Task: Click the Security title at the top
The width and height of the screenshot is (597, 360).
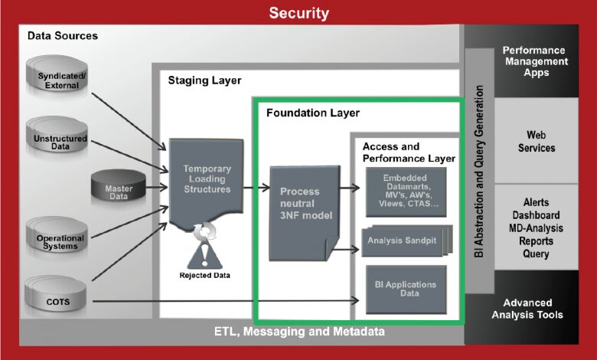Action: (x=298, y=13)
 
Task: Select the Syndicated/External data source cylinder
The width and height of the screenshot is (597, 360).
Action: (x=57, y=74)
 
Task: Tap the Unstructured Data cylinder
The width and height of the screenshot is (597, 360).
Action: (x=57, y=135)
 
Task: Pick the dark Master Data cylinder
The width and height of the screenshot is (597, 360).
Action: (x=119, y=186)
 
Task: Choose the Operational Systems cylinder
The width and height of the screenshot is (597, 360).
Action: (x=57, y=235)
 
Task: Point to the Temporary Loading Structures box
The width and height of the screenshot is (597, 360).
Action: (x=207, y=184)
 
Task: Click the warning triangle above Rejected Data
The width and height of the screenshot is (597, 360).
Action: (x=204, y=255)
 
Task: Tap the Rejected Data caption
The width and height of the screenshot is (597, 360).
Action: (x=205, y=276)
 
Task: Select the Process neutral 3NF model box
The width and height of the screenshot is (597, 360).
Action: (x=304, y=214)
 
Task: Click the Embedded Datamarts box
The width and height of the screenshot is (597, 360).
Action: (x=406, y=192)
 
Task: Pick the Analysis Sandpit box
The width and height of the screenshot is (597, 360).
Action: (x=406, y=241)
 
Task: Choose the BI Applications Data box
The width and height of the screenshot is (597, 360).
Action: (x=406, y=290)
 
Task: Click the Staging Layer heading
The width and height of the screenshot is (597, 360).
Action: (x=204, y=80)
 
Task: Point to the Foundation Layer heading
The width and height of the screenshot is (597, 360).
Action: (x=313, y=113)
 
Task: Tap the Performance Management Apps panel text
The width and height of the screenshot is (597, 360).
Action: (x=536, y=61)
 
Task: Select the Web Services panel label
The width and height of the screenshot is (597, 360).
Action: (x=537, y=142)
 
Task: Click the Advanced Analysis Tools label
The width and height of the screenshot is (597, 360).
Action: (x=527, y=309)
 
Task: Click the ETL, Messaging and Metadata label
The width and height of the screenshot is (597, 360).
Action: (x=299, y=332)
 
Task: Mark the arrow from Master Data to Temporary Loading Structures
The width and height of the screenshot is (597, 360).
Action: (x=157, y=187)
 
